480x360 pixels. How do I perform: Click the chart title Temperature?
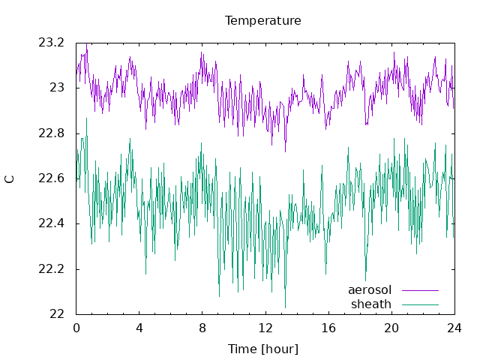click(263, 21)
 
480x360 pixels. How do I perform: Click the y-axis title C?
click(10, 179)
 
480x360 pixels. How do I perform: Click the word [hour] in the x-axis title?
click(280, 349)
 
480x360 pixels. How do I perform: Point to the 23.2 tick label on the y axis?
click(52, 43)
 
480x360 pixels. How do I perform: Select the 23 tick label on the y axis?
click(57, 88)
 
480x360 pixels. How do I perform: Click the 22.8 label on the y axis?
click(52, 133)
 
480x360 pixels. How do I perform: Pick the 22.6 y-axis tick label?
click(52, 178)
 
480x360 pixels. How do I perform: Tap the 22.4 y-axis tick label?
click(52, 223)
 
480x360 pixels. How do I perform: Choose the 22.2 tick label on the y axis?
click(52, 269)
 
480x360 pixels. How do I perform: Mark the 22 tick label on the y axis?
click(57, 314)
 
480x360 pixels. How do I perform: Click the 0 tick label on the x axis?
click(76, 328)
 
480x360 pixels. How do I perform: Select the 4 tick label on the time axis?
click(139, 328)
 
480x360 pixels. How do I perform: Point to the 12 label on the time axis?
click(265, 328)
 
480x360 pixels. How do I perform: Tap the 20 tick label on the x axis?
click(391, 328)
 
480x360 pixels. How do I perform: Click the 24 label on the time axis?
click(454, 328)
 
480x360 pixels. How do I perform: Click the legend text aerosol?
click(370, 290)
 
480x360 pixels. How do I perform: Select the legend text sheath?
click(371, 304)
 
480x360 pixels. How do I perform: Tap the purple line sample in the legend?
click(420, 290)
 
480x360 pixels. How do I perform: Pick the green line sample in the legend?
click(420, 304)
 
